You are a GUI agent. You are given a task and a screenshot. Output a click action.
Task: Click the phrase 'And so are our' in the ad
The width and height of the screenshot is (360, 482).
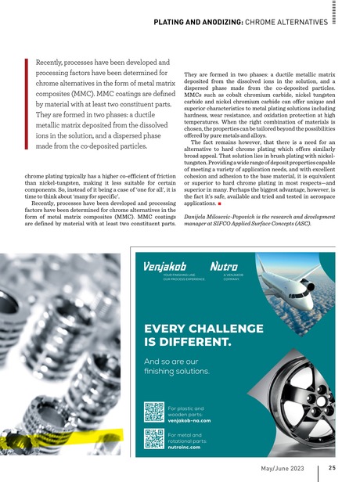(x=173, y=362)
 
